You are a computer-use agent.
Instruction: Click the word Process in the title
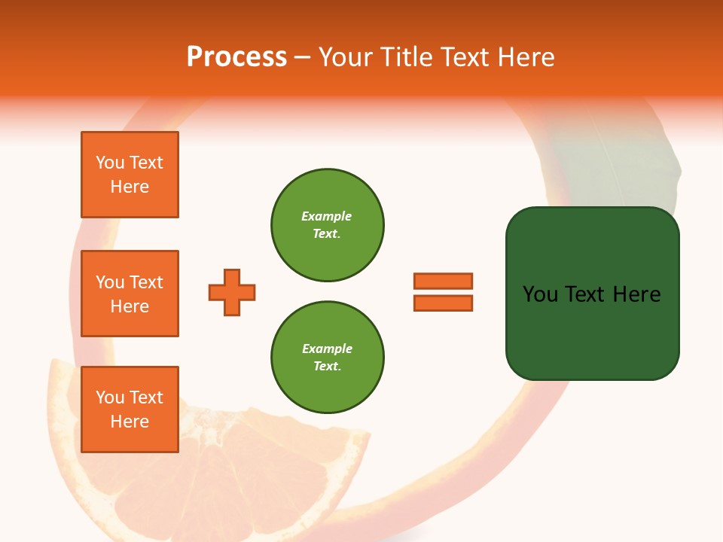[236, 57]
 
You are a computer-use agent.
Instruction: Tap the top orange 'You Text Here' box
[130, 175]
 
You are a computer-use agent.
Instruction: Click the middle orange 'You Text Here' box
[130, 294]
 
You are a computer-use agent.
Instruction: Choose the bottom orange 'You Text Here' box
[130, 410]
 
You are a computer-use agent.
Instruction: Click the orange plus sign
[232, 292]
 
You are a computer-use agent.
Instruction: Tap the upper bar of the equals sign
[443, 281]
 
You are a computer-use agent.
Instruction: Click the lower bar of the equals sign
[443, 303]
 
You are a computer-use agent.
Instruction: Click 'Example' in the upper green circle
[327, 216]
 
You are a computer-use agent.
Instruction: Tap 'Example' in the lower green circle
[327, 349]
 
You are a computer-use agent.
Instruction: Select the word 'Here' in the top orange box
[130, 187]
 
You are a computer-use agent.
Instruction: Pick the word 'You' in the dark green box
[540, 294]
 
